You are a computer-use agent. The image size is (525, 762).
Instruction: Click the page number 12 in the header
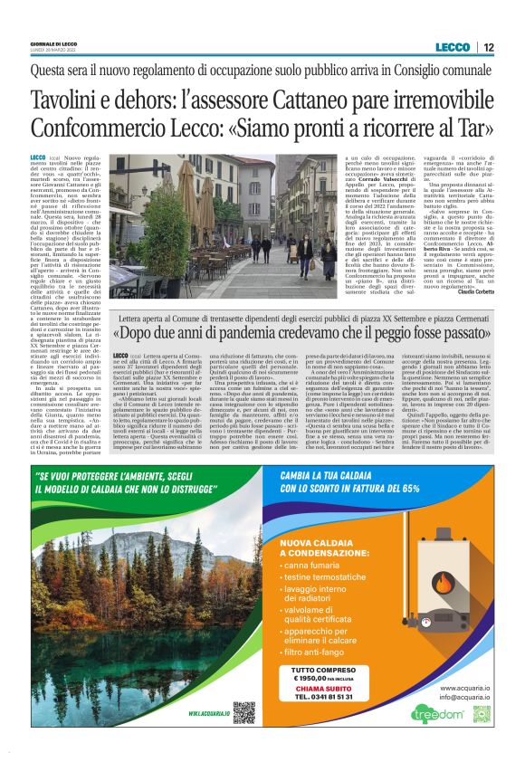pos(489,47)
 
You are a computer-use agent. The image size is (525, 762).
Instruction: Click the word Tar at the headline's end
pos(473,129)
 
